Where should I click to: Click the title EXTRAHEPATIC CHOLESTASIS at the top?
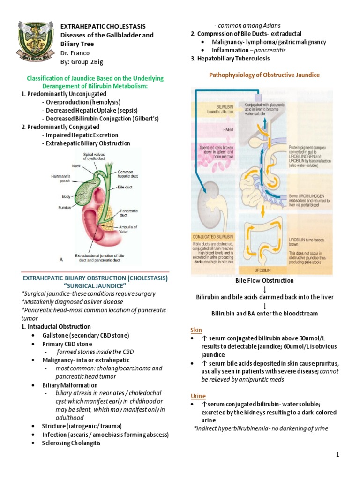coord(103,27)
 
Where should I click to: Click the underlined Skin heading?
coord(196,330)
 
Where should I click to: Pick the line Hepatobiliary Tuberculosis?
coord(233,59)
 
